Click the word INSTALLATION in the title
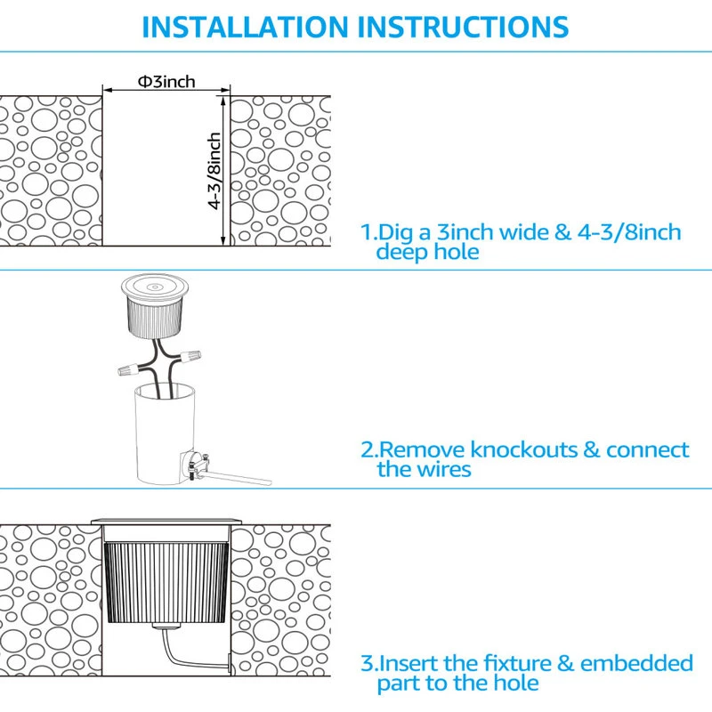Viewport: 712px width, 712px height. click(x=245, y=27)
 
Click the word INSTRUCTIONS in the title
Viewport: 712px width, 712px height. click(x=463, y=27)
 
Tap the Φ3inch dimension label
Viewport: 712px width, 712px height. click(x=166, y=82)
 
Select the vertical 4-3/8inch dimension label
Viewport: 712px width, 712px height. click(x=214, y=171)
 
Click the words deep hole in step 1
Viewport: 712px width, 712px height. click(x=428, y=252)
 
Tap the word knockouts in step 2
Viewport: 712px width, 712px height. click(x=523, y=449)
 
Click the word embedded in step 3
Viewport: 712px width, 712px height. click(x=636, y=663)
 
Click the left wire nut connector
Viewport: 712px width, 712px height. click(x=129, y=370)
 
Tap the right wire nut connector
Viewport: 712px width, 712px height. click(x=190, y=355)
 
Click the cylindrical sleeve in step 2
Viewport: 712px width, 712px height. click(x=165, y=433)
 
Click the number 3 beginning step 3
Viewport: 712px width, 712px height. click(x=367, y=663)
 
